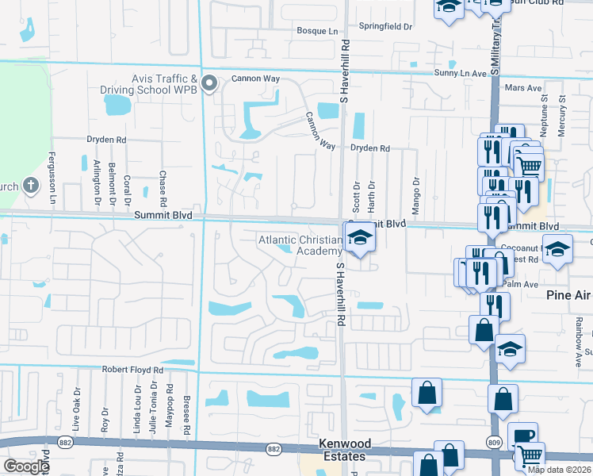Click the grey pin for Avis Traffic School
pos(209,83)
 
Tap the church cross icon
pos(30,187)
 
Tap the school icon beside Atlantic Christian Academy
pos(358,238)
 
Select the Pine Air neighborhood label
pos(568,295)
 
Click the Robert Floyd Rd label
pos(132,370)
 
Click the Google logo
pos(26,466)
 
